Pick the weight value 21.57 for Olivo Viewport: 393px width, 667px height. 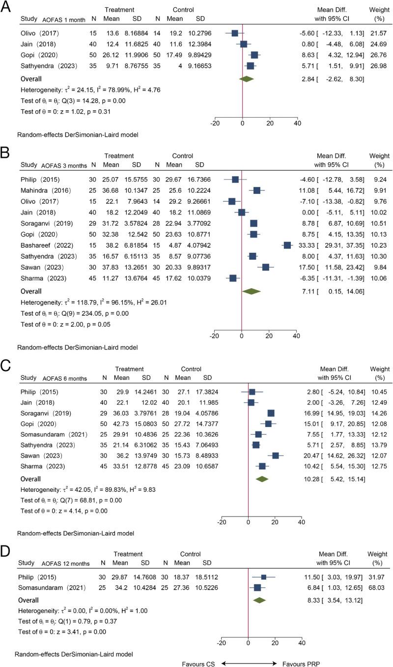tap(379, 33)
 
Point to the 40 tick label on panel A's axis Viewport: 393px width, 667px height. tap(297, 124)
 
